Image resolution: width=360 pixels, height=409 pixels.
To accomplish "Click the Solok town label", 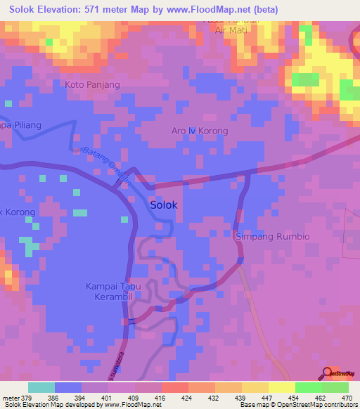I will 164,205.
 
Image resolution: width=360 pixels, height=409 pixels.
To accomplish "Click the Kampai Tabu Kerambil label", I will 110,291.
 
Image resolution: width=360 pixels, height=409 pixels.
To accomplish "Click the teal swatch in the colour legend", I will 41,387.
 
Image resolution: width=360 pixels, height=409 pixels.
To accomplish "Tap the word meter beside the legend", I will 9,397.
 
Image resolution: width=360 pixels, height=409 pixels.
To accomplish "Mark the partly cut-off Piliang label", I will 21,125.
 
